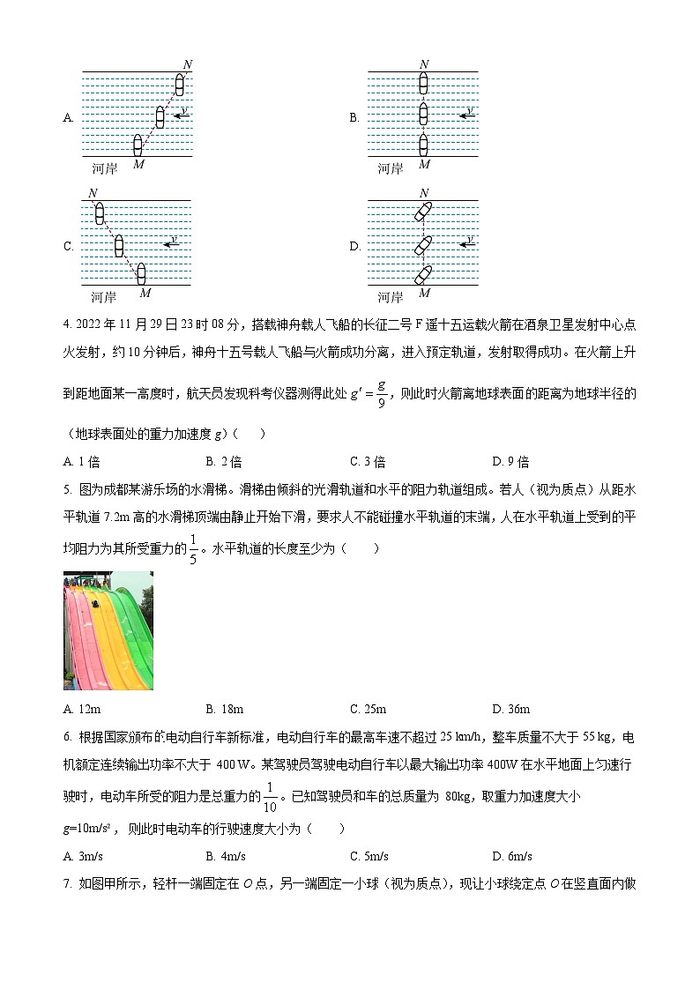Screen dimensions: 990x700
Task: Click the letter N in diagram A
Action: [187, 64]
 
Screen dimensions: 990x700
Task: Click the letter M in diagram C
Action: [145, 293]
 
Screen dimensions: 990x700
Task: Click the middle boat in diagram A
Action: [160, 116]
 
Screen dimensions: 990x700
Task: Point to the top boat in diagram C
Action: [99, 213]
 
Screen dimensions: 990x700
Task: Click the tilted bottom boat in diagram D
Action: [424, 274]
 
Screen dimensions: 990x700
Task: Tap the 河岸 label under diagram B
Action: [390, 168]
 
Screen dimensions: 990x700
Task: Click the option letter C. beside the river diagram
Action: [69, 247]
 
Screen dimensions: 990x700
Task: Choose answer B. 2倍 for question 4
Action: [224, 462]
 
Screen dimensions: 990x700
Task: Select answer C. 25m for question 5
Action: [368, 709]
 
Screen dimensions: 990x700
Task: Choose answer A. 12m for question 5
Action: [80, 709]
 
